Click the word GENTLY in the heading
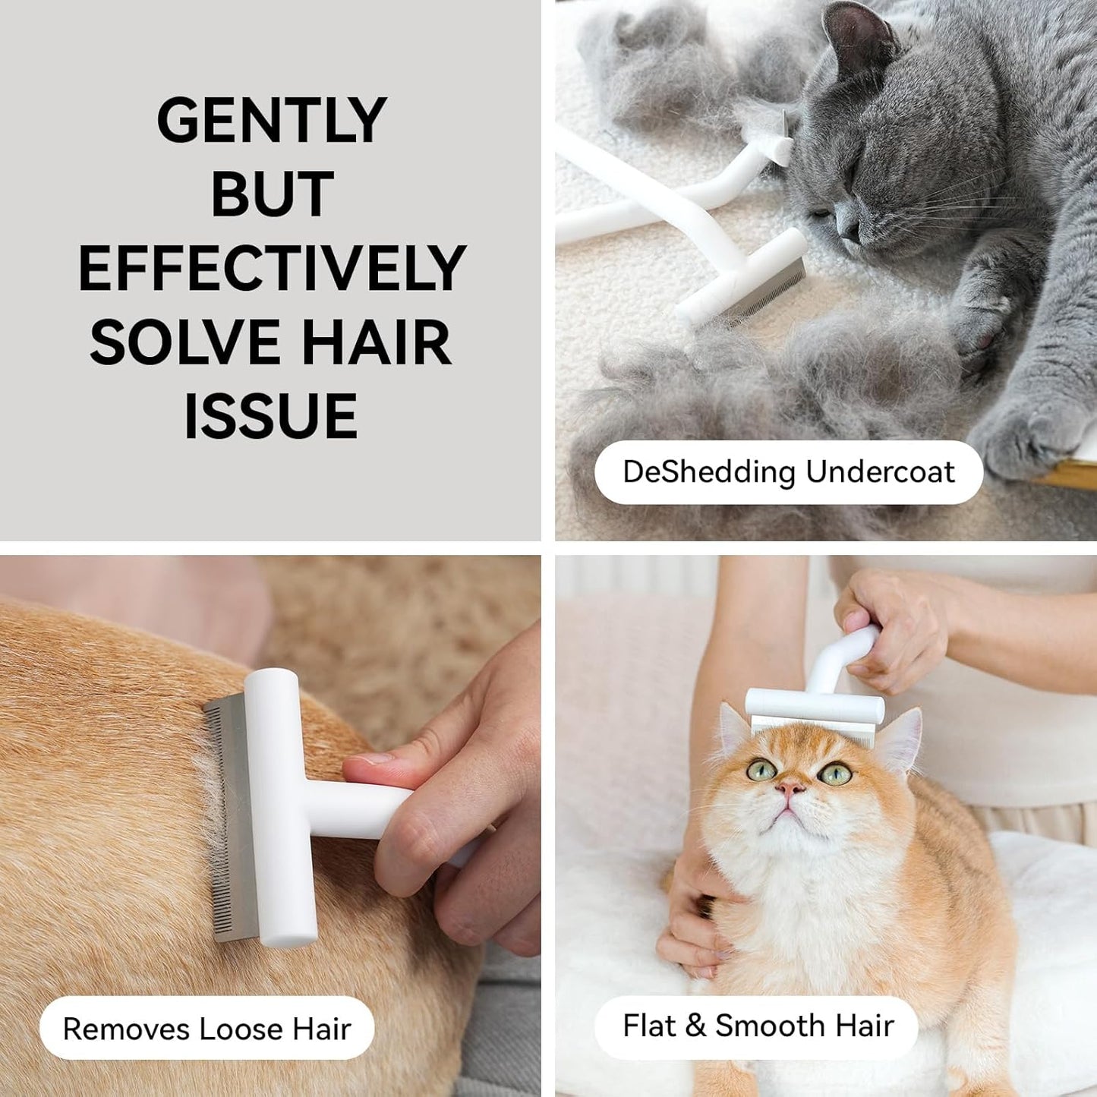pyautogui.click(x=272, y=120)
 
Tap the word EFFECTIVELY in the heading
pyautogui.click(x=272, y=268)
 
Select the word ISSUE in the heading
pyautogui.click(x=271, y=416)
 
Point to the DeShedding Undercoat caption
pyautogui.click(x=788, y=472)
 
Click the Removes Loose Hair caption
pyautogui.click(x=206, y=1029)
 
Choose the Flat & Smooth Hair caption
pyautogui.click(x=757, y=1026)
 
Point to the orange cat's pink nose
pyautogui.click(x=790, y=789)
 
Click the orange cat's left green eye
pyautogui.click(x=761, y=769)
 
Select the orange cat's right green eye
pyautogui.click(x=835, y=774)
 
